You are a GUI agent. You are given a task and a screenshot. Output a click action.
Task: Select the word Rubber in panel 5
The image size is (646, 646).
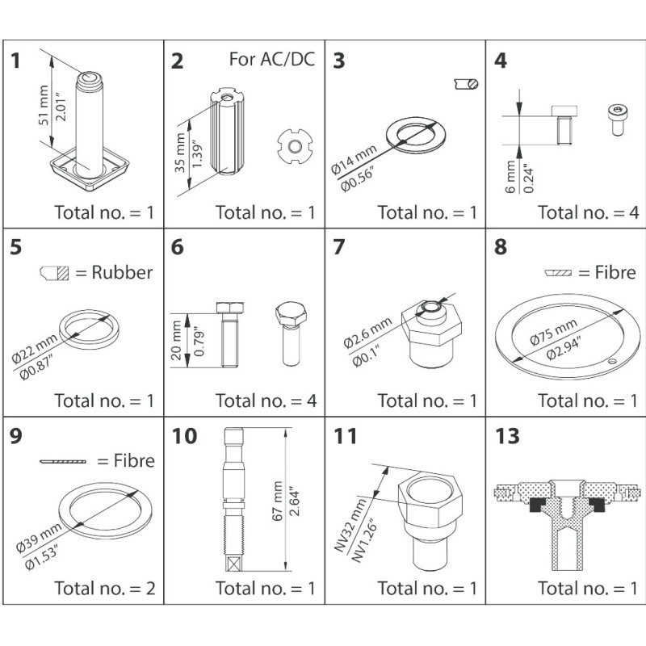[x=122, y=272]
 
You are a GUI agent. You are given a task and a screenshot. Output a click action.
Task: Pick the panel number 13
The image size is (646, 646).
[x=508, y=437]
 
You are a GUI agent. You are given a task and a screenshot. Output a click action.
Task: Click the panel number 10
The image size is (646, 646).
[x=184, y=437]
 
